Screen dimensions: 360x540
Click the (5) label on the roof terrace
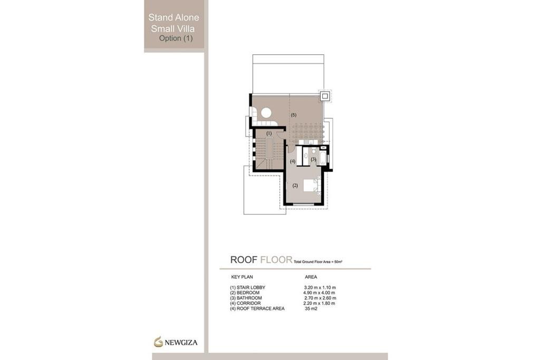coord(293,114)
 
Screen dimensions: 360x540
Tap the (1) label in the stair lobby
coord(269,133)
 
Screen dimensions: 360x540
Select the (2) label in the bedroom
coord(295,186)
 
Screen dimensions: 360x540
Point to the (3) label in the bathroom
coord(313,159)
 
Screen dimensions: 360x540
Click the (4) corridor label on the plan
coord(293,161)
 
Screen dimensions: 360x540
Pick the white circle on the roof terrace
coord(266,112)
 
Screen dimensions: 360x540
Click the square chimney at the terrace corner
coord(325,96)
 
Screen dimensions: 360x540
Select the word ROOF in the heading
coord(244,259)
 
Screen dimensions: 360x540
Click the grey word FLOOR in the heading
coord(276,259)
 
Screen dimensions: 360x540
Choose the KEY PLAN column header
coord(242,276)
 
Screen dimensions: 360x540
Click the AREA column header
coord(311,276)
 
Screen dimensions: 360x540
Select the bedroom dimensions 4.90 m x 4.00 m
coord(316,293)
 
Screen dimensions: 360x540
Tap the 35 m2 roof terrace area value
coord(311,308)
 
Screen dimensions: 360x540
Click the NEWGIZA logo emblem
coord(158,342)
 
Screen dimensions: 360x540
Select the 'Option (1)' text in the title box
coord(176,38)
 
